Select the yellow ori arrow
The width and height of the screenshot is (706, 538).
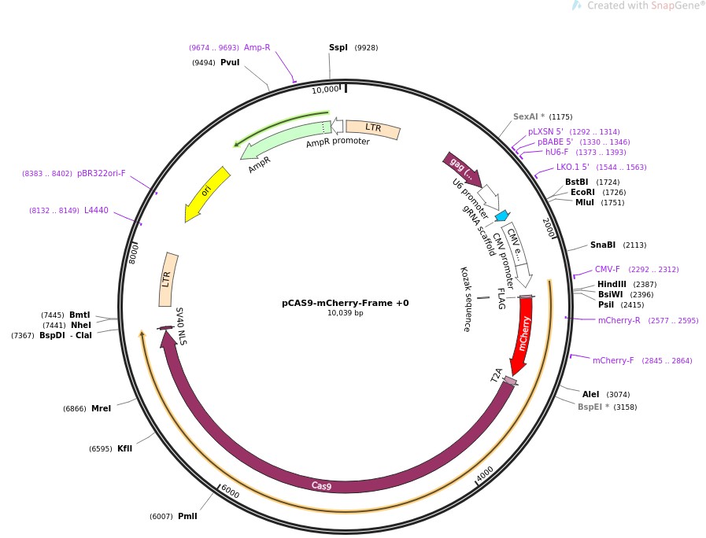[206, 193]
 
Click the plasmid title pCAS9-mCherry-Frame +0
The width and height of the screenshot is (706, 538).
[346, 303]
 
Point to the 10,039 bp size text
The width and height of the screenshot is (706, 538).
[346, 313]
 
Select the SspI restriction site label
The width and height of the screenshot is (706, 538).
[338, 48]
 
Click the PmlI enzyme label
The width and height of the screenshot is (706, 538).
[187, 516]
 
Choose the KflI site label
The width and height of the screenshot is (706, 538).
[124, 448]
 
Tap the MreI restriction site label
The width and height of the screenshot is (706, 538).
[101, 408]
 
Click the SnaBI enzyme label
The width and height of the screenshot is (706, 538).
[603, 245]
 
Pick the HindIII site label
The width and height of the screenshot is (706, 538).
[611, 284]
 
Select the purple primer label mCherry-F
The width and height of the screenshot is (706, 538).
[613, 360]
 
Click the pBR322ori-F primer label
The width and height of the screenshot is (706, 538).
[101, 173]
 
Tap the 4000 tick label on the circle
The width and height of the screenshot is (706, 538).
[485, 474]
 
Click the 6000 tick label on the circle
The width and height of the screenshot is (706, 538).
[230, 491]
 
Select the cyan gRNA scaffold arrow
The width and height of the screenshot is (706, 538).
[501, 215]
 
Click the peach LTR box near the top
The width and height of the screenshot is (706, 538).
[373, 128]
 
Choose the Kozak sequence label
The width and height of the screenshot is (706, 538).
[464, 299]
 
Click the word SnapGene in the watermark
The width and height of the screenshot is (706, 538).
[668, 6]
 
